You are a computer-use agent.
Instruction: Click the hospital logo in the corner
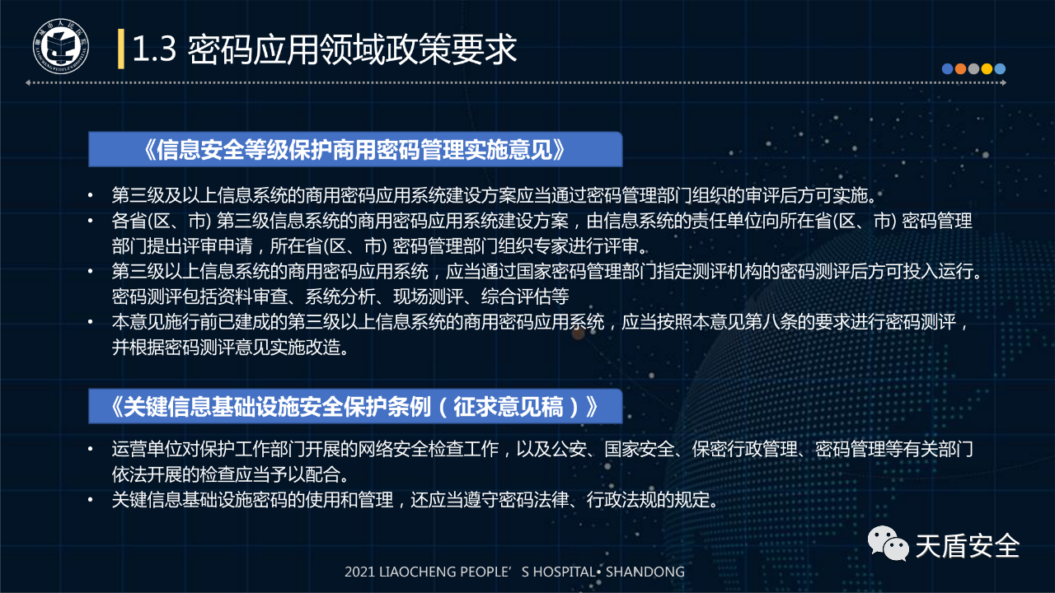(x=61, y=46)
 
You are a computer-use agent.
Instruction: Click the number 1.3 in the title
(x=154, y=49)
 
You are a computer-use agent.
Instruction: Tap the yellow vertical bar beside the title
(x=121, y=49)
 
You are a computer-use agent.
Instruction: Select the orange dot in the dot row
(x=960, y=69)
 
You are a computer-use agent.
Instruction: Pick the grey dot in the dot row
(x=973, y=69)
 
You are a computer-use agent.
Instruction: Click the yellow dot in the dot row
(x=987, y=69)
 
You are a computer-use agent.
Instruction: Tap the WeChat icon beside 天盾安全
(x=888, y=543)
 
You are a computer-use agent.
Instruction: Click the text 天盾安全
(x=968, y=546)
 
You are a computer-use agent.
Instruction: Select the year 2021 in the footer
(x=360, y=572)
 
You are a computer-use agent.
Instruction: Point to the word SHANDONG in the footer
(x=645, y=572)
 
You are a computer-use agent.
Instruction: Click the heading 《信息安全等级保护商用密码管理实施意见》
(x=355, y=150)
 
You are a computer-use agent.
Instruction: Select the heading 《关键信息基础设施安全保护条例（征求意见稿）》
(x=355, y=407)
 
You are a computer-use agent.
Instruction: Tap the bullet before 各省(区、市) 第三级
(x=91, y=221)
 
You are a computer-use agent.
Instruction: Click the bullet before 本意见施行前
(x=91, y=322)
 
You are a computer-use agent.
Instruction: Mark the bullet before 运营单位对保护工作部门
(x=91, y=450)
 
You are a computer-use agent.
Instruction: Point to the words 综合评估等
(x=525, y=296)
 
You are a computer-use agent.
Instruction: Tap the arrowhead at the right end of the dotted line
(x=1004, y=83)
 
